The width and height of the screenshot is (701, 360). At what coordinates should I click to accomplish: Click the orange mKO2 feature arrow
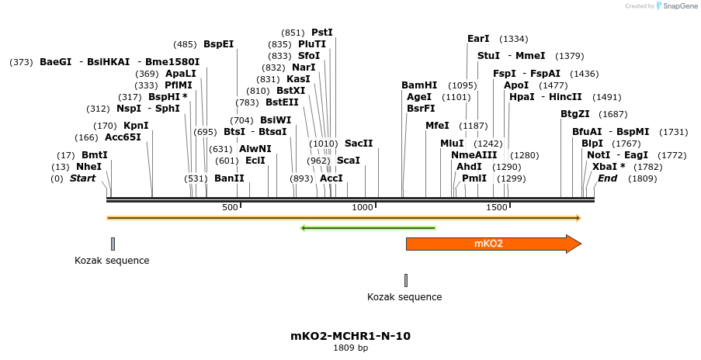[489, 244]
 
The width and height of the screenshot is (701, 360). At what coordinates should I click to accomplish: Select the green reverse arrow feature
[368, 228]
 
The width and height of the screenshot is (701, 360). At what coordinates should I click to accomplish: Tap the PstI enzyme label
[321, 33]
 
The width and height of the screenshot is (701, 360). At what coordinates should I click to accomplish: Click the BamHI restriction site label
[419, 85]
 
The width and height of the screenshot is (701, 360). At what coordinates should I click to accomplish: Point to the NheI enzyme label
[88, 167]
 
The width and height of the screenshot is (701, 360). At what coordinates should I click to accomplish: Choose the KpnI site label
[136, 126]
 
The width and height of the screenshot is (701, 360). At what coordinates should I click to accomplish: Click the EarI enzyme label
[478, 38]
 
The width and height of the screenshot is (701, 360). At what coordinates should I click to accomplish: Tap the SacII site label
[359, 144]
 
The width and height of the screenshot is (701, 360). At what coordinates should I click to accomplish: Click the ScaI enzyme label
[349, 161]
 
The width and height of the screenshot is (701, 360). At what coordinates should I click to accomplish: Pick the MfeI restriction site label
[437, 126]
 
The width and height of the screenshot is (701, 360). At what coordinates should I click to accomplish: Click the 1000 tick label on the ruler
[363, 208]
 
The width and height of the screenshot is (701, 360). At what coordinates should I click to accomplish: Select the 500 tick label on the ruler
[230, 208]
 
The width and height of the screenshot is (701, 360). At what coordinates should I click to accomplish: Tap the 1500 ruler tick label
[497, 208]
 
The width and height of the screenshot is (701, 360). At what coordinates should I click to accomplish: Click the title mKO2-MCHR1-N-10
[350, 336]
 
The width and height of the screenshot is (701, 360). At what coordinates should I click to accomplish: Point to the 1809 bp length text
[350, 348]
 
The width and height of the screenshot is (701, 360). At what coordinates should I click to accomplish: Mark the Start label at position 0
[83, 178]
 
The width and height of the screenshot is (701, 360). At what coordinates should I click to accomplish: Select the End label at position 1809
[607, 178]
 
